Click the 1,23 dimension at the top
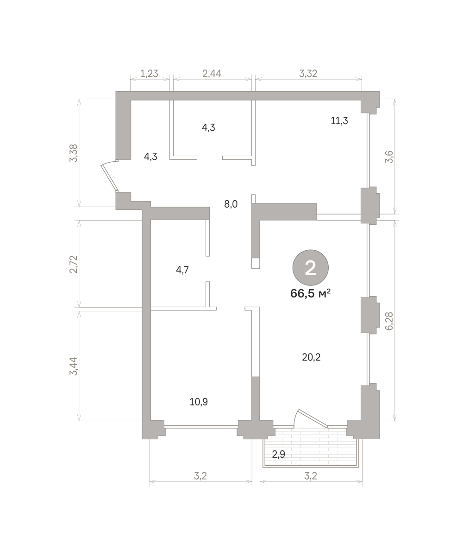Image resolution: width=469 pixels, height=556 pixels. click(149, 74)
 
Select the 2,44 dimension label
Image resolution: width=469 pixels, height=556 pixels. click(212, 74)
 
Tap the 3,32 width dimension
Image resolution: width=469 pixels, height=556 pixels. click(308, 74)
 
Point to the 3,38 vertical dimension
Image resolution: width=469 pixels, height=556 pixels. click(73, 153)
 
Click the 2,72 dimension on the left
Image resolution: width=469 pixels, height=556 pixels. click(73, 264)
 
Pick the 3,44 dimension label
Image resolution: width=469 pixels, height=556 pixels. click(73, 366)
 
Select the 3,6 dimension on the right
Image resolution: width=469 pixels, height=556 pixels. click(389, 157)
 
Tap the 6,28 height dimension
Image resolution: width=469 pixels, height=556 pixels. click(389, 321)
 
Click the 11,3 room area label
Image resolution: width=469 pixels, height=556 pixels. click(339, 121)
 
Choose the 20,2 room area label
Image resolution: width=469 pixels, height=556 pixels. click(311, 357)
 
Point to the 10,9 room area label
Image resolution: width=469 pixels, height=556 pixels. click(199, 402)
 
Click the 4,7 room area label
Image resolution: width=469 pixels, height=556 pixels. click(182, 270)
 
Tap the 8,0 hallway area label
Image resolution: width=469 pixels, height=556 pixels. click(231, 204)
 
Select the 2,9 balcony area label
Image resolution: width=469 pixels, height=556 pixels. click(278, 454)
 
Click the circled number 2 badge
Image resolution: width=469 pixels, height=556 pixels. click(310, 268)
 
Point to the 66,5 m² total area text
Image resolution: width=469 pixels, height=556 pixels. click(310, 293)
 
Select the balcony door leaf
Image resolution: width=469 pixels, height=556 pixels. click(313, 418)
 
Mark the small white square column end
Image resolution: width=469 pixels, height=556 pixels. click(256, 263)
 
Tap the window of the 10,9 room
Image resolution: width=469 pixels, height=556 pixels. click(201, 427)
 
